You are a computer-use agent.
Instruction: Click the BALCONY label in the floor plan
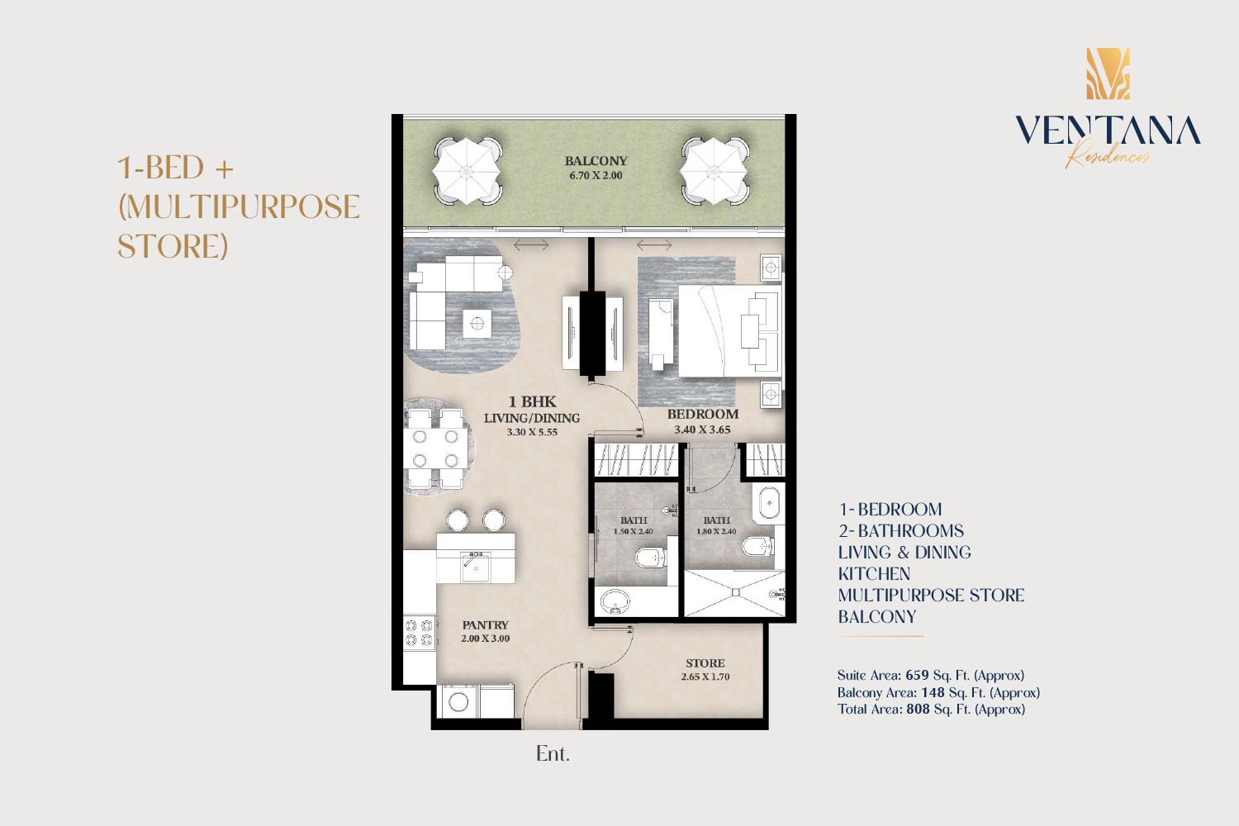tap(596, 161)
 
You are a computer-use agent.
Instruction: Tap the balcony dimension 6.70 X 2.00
tap(596, 176)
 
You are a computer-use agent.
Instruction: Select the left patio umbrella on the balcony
tap(468, 170)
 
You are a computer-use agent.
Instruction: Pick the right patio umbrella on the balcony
tap(714, 170)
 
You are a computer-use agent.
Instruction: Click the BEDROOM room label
tap(702, 414)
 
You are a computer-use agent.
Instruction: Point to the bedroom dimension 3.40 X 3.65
tap(702, 430)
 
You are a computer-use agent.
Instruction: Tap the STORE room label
tap(705, 662)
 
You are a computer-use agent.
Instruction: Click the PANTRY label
tap(485, 624)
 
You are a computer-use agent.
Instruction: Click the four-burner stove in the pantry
tap(419, 633)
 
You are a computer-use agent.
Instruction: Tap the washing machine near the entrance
tap(459, 701)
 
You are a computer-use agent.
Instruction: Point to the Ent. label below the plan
tap(553, 753)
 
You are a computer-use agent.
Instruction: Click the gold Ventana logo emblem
tap(1108, 74)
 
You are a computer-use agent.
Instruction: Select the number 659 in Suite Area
tap(917, 675)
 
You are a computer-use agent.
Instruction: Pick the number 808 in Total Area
tap(919, 709)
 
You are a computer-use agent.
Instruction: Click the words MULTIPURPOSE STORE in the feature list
tap(932, 596)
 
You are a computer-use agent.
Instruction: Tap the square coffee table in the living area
tap(477, 324)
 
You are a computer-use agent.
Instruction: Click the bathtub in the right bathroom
tap(768, 504)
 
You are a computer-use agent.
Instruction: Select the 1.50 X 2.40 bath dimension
tap(634, 531)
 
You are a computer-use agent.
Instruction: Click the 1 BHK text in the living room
tap(532, 401)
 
